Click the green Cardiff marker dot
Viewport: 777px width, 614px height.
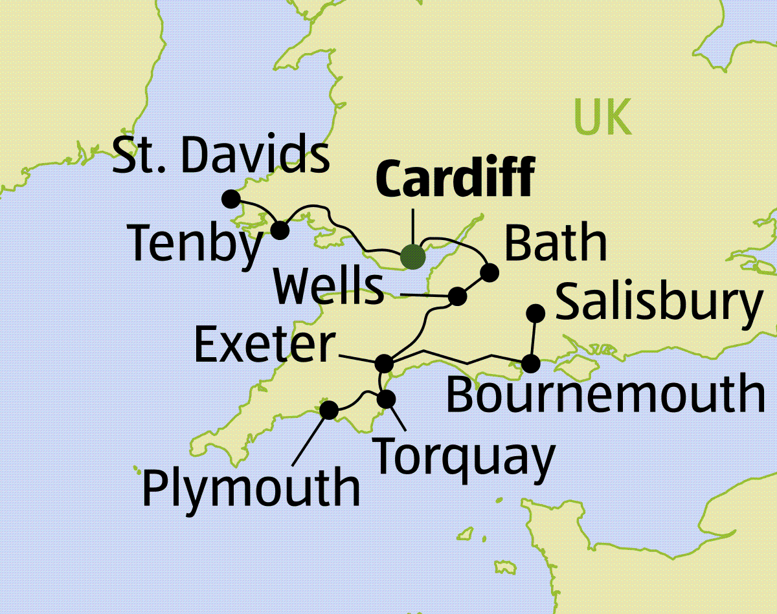(412, 256)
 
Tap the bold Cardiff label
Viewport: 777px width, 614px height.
(456, 177)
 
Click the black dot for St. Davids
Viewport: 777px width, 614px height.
(231, 198)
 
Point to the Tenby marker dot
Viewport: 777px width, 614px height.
(280, 230)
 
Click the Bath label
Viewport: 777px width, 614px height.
(556, 243)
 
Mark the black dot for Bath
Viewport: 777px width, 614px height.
(490, 272)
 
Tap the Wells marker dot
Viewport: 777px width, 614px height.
(458, 296)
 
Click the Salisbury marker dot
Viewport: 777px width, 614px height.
(535, 313)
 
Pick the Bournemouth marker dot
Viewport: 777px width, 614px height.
(530, 364)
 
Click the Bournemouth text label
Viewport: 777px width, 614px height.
(605, 395)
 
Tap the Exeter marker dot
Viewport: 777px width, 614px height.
(385, 363)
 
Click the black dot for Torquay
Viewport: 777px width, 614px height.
(386, 399)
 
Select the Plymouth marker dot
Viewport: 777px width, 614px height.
(330, 410)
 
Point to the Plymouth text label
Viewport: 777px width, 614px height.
(251, 488)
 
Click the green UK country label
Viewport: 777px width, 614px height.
(602, 118)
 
